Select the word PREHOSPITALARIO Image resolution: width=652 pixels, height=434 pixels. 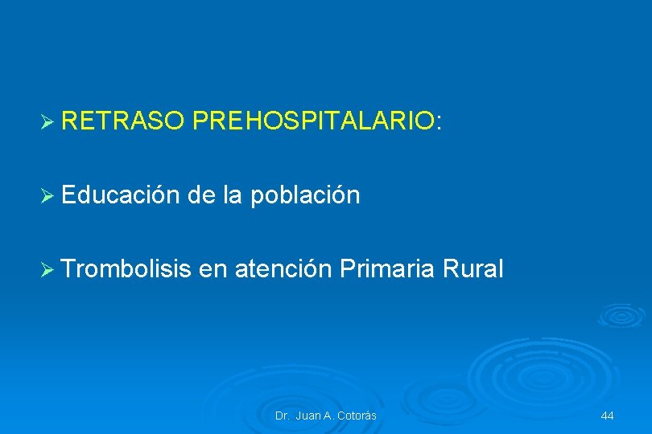[313, 121]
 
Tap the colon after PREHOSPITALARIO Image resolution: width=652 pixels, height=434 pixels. [439, 123]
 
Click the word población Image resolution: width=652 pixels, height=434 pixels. [305, 196]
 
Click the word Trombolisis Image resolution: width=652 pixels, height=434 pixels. [125, 269]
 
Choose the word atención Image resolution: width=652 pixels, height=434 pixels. [283, 269]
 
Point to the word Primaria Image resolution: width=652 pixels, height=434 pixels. [387, 269]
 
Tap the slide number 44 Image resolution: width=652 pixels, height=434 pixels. [607, 416]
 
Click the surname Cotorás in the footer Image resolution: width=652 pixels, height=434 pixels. [356, 416]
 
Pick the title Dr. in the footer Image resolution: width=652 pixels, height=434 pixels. [282, 416]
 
